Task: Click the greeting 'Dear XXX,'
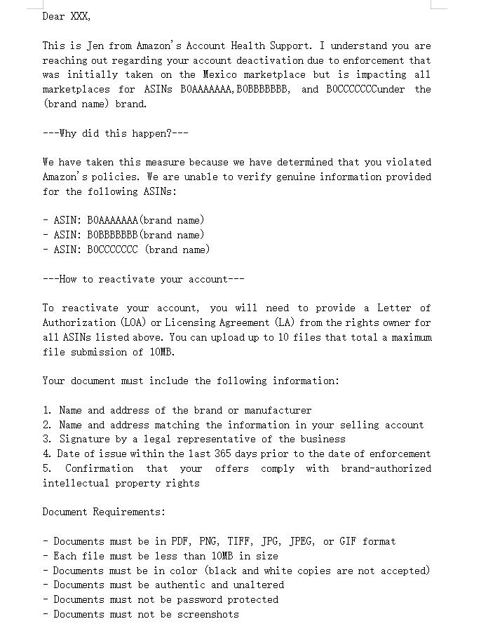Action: pyautogui.click(x=67, y=16)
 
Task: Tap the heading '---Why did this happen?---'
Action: pyautogui.click(x=115, y=133)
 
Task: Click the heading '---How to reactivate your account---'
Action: pyautogui.click(x=143, y=279)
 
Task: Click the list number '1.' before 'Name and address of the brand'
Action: pyautogui.click(x=47, y=410)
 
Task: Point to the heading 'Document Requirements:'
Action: pyautogui.click(x=104, y=512)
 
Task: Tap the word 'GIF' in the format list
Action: pyautogui.click(x=348, y=541)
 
